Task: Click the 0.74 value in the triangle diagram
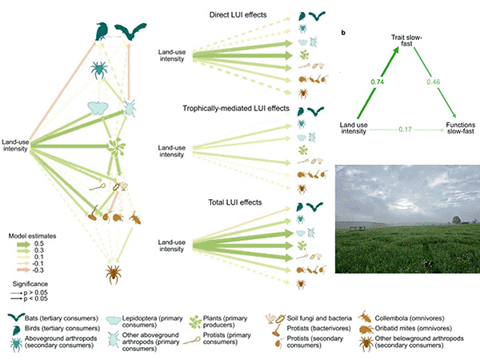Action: (377, 82)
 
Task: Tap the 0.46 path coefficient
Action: (434, 82)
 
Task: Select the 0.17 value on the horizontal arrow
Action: (405, 130)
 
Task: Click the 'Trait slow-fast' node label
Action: (406, 41)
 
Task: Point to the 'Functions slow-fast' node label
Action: (461, 128)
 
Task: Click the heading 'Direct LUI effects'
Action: (238, 14)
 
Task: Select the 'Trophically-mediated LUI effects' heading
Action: (236, 108)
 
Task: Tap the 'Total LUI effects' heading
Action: (235, 202)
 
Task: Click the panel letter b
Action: (343, 33)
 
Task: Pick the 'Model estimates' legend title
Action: (32, 236)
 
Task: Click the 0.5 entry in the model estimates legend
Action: (39, 244)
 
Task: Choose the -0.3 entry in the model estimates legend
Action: (38, 270)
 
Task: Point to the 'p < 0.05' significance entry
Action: (35, 298)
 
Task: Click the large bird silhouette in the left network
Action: (102, 31)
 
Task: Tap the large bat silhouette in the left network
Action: (130, 31)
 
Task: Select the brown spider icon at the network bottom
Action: (114, 274)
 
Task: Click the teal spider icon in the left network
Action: (99, 70)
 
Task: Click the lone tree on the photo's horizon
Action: (457, 220)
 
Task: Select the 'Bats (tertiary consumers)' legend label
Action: (62, 318)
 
